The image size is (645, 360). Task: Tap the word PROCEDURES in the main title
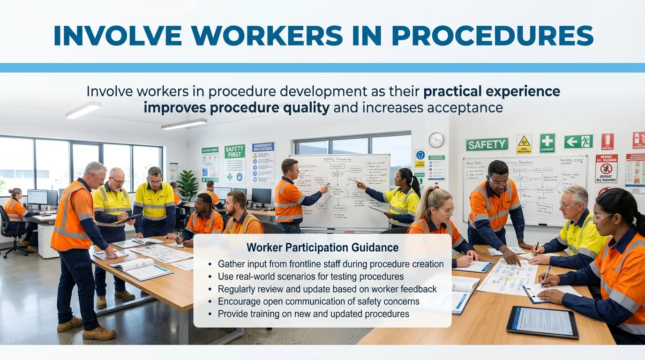click(x=492, y=36)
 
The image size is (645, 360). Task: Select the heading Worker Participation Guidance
click(x=322, y=247)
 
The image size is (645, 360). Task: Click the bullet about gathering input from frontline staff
click(x=330, y=264)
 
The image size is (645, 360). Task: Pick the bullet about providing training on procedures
click(x=313, y=314)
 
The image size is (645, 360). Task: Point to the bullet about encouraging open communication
click(x=318, y=301)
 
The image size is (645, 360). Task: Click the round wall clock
click(x=436, y=140)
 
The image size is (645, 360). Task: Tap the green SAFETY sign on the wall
click(x=487, y=145)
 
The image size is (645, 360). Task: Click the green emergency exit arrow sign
click(x=578, y=142)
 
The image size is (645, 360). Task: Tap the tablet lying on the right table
click(x=542, y=322)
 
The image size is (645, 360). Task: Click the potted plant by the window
click(x=187, y=184)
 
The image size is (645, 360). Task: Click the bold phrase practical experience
click(x=491, y=91)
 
